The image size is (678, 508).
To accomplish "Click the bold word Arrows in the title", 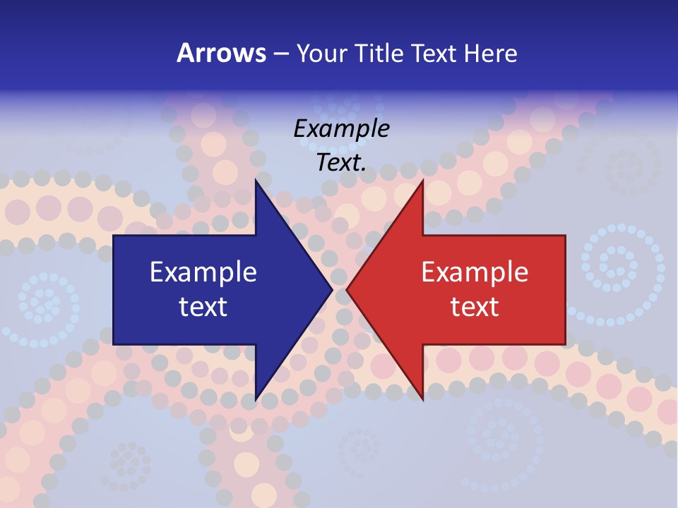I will [221, 53].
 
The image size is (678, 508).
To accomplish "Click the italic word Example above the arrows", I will [341, 129].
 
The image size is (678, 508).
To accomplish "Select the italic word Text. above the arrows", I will [341, 162].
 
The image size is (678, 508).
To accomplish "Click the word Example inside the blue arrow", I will [203, 272].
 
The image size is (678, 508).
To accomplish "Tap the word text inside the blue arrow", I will [203, 307].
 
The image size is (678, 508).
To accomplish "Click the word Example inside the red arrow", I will [475, 272].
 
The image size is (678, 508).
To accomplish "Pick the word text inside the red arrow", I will [475, 307].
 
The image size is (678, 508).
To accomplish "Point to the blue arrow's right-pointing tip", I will [332, 289].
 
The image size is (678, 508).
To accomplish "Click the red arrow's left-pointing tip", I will [347, 289].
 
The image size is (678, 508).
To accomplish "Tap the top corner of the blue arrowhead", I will [256, 180].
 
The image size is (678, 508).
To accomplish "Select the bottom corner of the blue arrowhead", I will [256, 400].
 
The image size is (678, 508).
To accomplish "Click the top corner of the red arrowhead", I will [422, 180].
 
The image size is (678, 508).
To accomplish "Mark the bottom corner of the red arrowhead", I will [422, 400].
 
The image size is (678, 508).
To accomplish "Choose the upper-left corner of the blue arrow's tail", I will [114, 236].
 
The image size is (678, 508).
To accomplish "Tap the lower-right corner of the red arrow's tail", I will [565, 344].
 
